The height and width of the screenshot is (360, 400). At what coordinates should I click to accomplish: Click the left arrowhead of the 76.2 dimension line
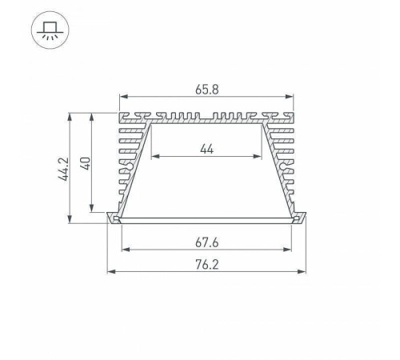(x=110, y=274)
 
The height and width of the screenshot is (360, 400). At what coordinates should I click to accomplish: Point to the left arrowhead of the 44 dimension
(x=153, y=156)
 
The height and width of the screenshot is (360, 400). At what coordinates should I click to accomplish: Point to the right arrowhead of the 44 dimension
(x=262, y=156)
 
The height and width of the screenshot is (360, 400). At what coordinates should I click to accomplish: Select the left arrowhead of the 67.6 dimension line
(x=123, y=250)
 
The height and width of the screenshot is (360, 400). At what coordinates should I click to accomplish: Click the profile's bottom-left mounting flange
(x=114, y=218)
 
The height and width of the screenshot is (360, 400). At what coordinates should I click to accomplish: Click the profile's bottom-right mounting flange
(x=302, y=218)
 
